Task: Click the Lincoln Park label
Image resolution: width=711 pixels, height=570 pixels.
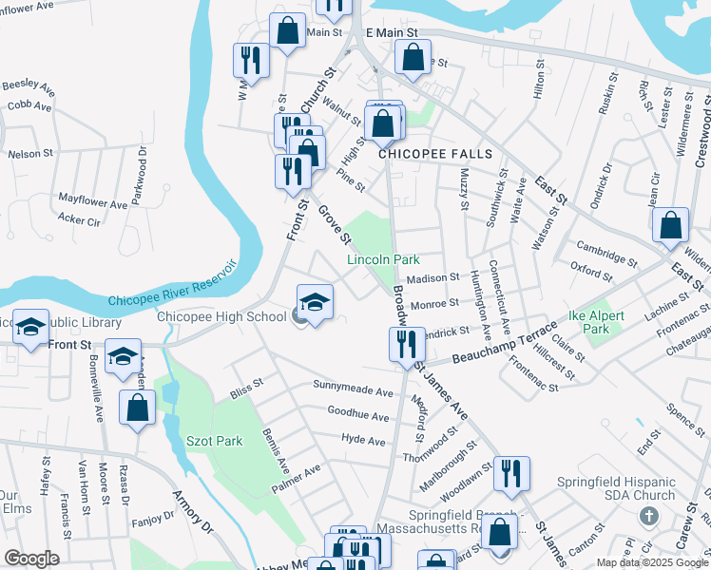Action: pyautogui.click(x=383, y=259)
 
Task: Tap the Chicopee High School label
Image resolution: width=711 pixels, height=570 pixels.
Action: pyautogui.click(x=221, y=317)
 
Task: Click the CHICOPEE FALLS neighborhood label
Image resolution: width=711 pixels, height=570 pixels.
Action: pyautogui.click(x=437, y=153)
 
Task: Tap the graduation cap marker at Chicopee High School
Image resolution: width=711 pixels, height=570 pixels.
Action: pyautogui.click(x=315, y=304)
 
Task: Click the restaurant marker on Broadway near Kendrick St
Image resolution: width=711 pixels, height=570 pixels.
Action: pyautogui.click(x=407, y=347)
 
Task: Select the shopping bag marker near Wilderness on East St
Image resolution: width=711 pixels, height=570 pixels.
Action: pyautogui.click(x=670, y=226)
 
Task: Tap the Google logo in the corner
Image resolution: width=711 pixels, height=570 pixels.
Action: pyautogui.click(x=30, y=559)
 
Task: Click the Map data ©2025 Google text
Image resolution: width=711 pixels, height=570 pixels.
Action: pyautogui.click(x=652, y=562)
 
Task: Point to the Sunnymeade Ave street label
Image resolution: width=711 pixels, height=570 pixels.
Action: pyautogui.click(x=354, y=391)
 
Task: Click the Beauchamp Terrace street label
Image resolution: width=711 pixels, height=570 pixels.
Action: pyautogui.click(x=504, y=343)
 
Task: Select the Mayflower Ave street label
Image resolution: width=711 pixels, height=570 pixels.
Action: pyautogui.click(x=92, y=203)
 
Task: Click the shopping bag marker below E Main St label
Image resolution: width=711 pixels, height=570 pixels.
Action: pyautogui.click(x=413, y=57)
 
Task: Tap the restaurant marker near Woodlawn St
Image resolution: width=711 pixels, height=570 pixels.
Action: pyautogui.click(x=511, y=475)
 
